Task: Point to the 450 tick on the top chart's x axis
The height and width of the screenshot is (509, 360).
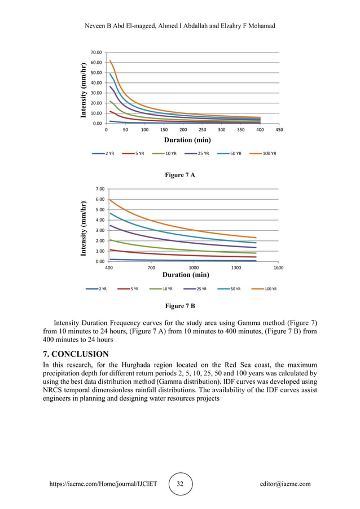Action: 279,129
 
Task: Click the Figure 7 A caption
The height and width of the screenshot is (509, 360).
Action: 179,175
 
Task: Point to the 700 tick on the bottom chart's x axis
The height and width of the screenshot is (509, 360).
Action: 151,268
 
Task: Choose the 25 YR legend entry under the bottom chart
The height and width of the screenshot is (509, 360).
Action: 201,289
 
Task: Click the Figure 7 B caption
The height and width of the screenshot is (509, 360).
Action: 179,306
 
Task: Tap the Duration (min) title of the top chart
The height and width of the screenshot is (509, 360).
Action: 187,139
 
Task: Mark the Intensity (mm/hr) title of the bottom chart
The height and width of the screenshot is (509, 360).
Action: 84,229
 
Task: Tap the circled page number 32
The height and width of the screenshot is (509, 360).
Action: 180,484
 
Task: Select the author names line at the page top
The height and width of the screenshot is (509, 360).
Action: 179,27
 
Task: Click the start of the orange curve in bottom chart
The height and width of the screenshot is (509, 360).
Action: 109,200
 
